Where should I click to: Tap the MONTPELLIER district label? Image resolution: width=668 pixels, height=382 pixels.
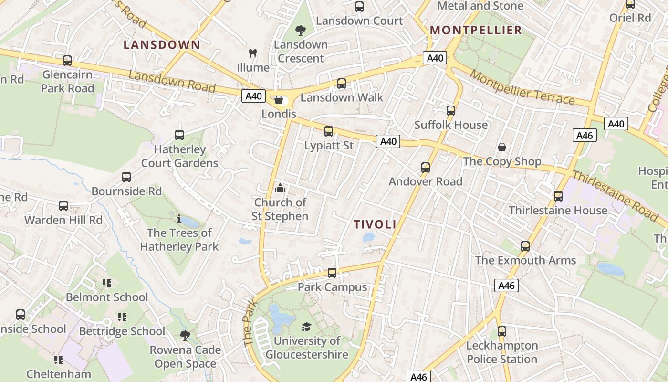476,30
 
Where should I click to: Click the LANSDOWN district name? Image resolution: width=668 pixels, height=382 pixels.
162,45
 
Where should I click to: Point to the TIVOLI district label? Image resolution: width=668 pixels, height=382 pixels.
375,224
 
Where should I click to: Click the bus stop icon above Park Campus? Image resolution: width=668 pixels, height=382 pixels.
332,273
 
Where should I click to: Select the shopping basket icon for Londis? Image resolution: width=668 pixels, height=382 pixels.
279,100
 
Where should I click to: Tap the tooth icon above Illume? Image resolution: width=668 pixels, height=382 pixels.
253,53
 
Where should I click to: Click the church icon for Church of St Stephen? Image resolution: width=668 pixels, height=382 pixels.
280,188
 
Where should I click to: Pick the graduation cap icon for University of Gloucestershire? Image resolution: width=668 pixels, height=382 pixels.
306,327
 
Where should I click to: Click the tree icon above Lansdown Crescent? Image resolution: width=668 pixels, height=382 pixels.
301,31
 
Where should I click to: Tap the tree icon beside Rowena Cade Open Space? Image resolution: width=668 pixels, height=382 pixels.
185,335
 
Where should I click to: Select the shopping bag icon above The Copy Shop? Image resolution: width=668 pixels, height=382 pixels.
502,147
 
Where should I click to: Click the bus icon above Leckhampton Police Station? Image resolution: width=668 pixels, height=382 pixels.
502,331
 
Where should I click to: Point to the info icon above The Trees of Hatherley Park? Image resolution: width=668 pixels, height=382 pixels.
179,219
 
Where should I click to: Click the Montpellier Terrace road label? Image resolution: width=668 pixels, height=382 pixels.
522,87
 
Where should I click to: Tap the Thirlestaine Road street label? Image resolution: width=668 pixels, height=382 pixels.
615,196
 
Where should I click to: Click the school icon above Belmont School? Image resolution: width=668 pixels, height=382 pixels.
107,283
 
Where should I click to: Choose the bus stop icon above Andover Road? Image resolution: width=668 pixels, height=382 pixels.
426,168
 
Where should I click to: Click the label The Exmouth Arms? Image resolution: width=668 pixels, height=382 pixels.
525,260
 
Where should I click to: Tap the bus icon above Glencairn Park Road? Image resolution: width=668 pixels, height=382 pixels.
67,61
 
